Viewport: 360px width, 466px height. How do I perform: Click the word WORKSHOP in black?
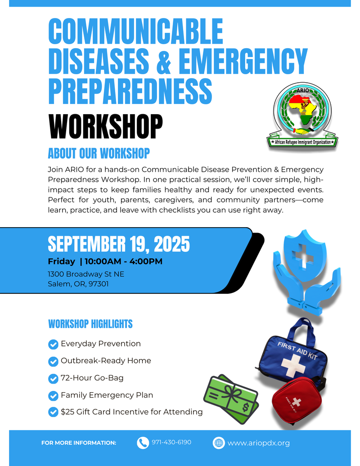tap(105, 126)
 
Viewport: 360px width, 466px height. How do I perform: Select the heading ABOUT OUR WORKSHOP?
tap(99, 153)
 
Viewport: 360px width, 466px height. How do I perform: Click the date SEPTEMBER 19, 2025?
tap(119, 244)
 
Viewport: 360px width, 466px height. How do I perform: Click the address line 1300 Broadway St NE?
tap(86, 274)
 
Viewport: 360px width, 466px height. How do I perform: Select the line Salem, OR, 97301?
tap(78, 284)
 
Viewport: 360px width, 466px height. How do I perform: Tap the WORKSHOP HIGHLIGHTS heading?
tap(90, 324)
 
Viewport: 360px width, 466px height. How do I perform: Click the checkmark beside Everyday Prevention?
tap(53, 344)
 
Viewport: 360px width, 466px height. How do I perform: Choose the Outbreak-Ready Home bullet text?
tap(106, 361)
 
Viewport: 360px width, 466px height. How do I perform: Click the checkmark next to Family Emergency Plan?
tap(53, 395)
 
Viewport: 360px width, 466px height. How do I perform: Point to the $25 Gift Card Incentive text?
tap(131, 412)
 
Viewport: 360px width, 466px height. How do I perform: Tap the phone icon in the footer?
tap(143, 443)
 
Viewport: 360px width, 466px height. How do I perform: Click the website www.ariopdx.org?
tap(258, 443)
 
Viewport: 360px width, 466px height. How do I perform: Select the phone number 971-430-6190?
tap(171, 442)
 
